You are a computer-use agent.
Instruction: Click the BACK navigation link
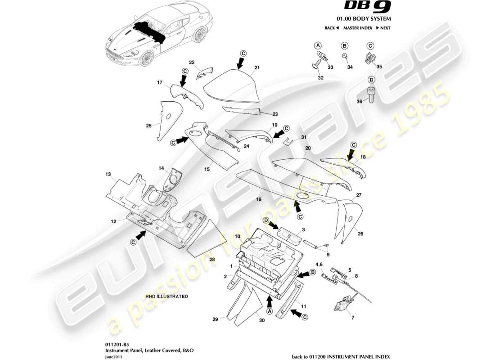pos(331,28)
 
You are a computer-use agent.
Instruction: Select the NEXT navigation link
pos(383,28)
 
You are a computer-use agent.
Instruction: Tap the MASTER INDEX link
pos(357,28)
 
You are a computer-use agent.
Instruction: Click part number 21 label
pos(257,67)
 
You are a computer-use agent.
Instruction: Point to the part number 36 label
pos(359,101)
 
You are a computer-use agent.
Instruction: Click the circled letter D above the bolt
pos(371,80)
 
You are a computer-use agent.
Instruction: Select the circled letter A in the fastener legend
pos(318,45)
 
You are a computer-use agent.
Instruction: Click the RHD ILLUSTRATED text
pos(166,297)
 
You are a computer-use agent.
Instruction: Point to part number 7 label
pos(353,318)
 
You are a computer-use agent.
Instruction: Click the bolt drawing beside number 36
pos(371,95)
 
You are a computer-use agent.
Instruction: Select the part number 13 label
pos(108,174)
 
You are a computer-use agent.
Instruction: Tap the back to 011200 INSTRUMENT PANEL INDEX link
pos(341,356)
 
